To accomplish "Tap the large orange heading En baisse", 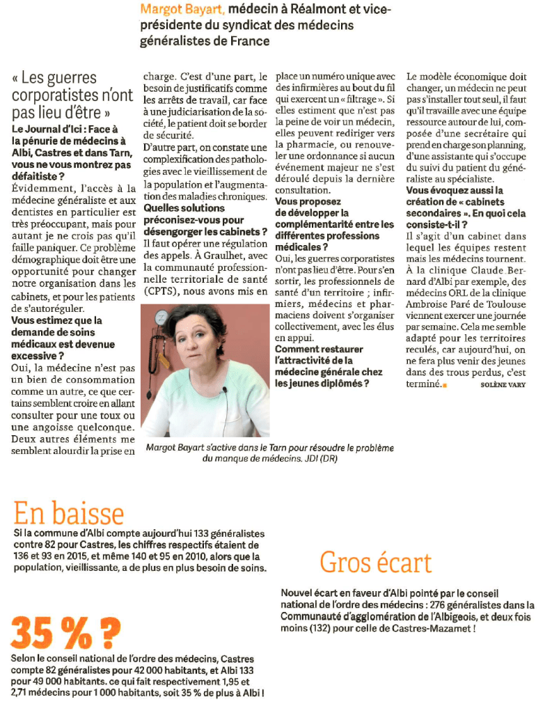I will pos(69,514).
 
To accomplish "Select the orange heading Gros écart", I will pos(375,562).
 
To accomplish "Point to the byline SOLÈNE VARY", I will pos(503,385).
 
